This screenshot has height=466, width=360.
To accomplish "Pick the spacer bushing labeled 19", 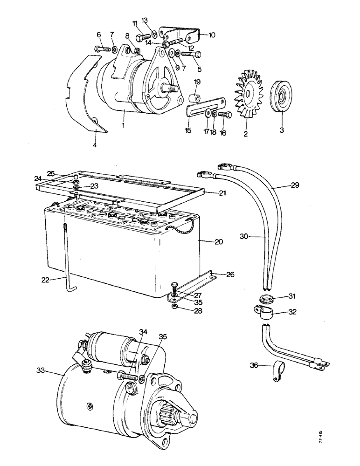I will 195,99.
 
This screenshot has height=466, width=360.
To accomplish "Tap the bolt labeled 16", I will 223,115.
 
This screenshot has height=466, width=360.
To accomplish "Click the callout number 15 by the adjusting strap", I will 187,131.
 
